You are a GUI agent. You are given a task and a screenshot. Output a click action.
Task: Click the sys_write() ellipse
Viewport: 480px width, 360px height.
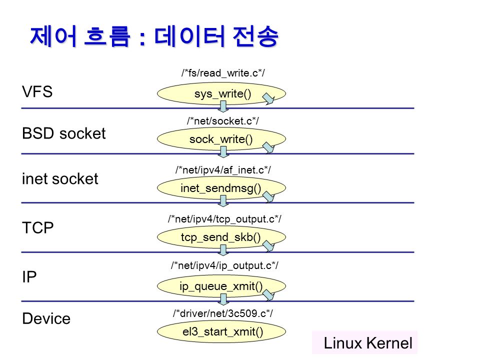point(221,93)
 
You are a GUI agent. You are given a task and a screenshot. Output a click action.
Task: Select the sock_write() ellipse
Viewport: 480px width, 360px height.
point(221,139)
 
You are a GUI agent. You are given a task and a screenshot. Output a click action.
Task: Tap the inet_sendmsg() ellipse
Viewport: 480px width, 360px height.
point(221,188)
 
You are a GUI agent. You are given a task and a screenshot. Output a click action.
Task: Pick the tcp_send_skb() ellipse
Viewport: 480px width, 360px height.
point(221,237)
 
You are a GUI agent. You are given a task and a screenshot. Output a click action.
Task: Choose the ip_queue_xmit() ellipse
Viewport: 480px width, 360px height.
point(221,286)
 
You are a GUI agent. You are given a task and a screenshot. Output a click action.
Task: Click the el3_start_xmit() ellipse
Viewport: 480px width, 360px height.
point(221,331)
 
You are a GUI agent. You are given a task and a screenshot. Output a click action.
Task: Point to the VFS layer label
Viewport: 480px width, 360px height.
point(37,91)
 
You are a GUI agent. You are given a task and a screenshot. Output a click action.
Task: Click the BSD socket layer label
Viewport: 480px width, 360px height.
point(63,133)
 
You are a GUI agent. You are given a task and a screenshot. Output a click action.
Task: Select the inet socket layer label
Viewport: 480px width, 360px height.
point(60,179)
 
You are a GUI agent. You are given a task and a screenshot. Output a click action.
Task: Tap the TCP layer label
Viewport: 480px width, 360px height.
point(38,228)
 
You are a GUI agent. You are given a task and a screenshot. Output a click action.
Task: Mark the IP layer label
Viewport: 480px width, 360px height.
point(29,276)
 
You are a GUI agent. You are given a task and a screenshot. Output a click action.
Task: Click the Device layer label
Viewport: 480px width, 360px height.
point(46,318)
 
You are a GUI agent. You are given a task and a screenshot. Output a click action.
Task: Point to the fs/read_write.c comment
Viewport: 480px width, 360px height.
point(223,73)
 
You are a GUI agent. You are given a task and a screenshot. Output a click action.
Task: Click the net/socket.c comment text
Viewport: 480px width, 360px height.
point(223,121)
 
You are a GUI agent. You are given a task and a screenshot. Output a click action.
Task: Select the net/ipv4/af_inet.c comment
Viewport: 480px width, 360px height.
point(223,170)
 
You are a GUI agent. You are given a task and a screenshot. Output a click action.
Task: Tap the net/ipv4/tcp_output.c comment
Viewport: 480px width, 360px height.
point(224,219)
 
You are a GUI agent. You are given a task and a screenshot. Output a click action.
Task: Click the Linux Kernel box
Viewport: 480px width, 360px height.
point(364,342)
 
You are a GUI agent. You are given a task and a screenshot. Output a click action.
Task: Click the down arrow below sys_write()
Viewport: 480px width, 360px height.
point(223,106)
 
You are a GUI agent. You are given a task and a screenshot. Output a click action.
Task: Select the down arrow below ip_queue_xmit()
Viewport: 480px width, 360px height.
point(223,299)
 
